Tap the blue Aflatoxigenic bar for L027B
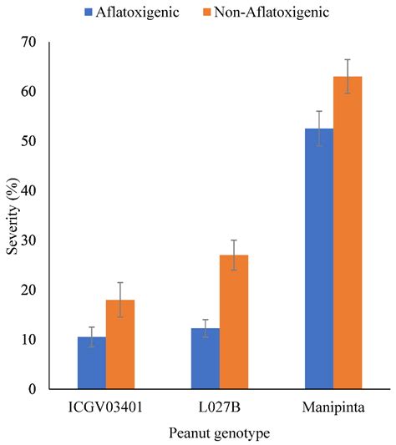click(206, 359)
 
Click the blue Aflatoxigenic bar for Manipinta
click(319, 259)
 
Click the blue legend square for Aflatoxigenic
click(88, 13)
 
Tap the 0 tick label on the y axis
click(53, 389)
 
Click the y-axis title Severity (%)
click(13, 215)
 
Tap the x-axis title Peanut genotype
click(220, 433)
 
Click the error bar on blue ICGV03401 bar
click(92, 336)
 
